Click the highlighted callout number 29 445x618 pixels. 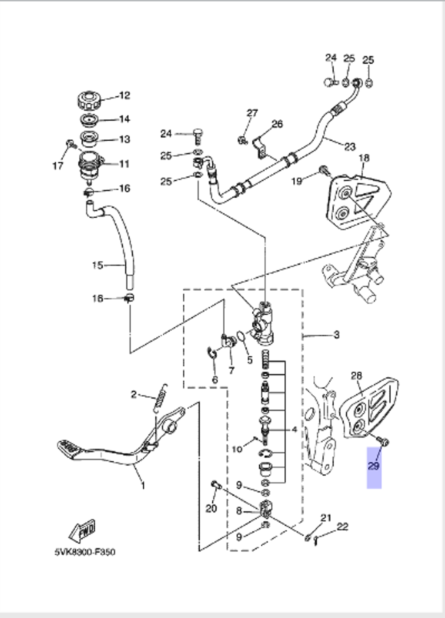pos(373,466)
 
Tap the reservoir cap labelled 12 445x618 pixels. pos(89,100)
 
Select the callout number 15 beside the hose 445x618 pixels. pos(97,265)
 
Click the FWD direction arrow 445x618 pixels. pos(83,530)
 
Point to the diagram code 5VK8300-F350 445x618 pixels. pos(85,552)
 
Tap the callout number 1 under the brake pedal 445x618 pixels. pos(143,485)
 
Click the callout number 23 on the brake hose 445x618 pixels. pos(350,146)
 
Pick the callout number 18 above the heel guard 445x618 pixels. pos(364,158)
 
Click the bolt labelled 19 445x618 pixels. pos(324,170)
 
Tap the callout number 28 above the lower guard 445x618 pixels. pos(356,376)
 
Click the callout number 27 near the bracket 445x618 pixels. pos(252,113)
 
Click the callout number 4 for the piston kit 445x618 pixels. pos(294,430)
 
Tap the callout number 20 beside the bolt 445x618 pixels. pos(211,508)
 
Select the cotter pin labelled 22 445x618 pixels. pos(316,541)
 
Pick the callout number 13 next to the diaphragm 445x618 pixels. pos(125,139)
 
